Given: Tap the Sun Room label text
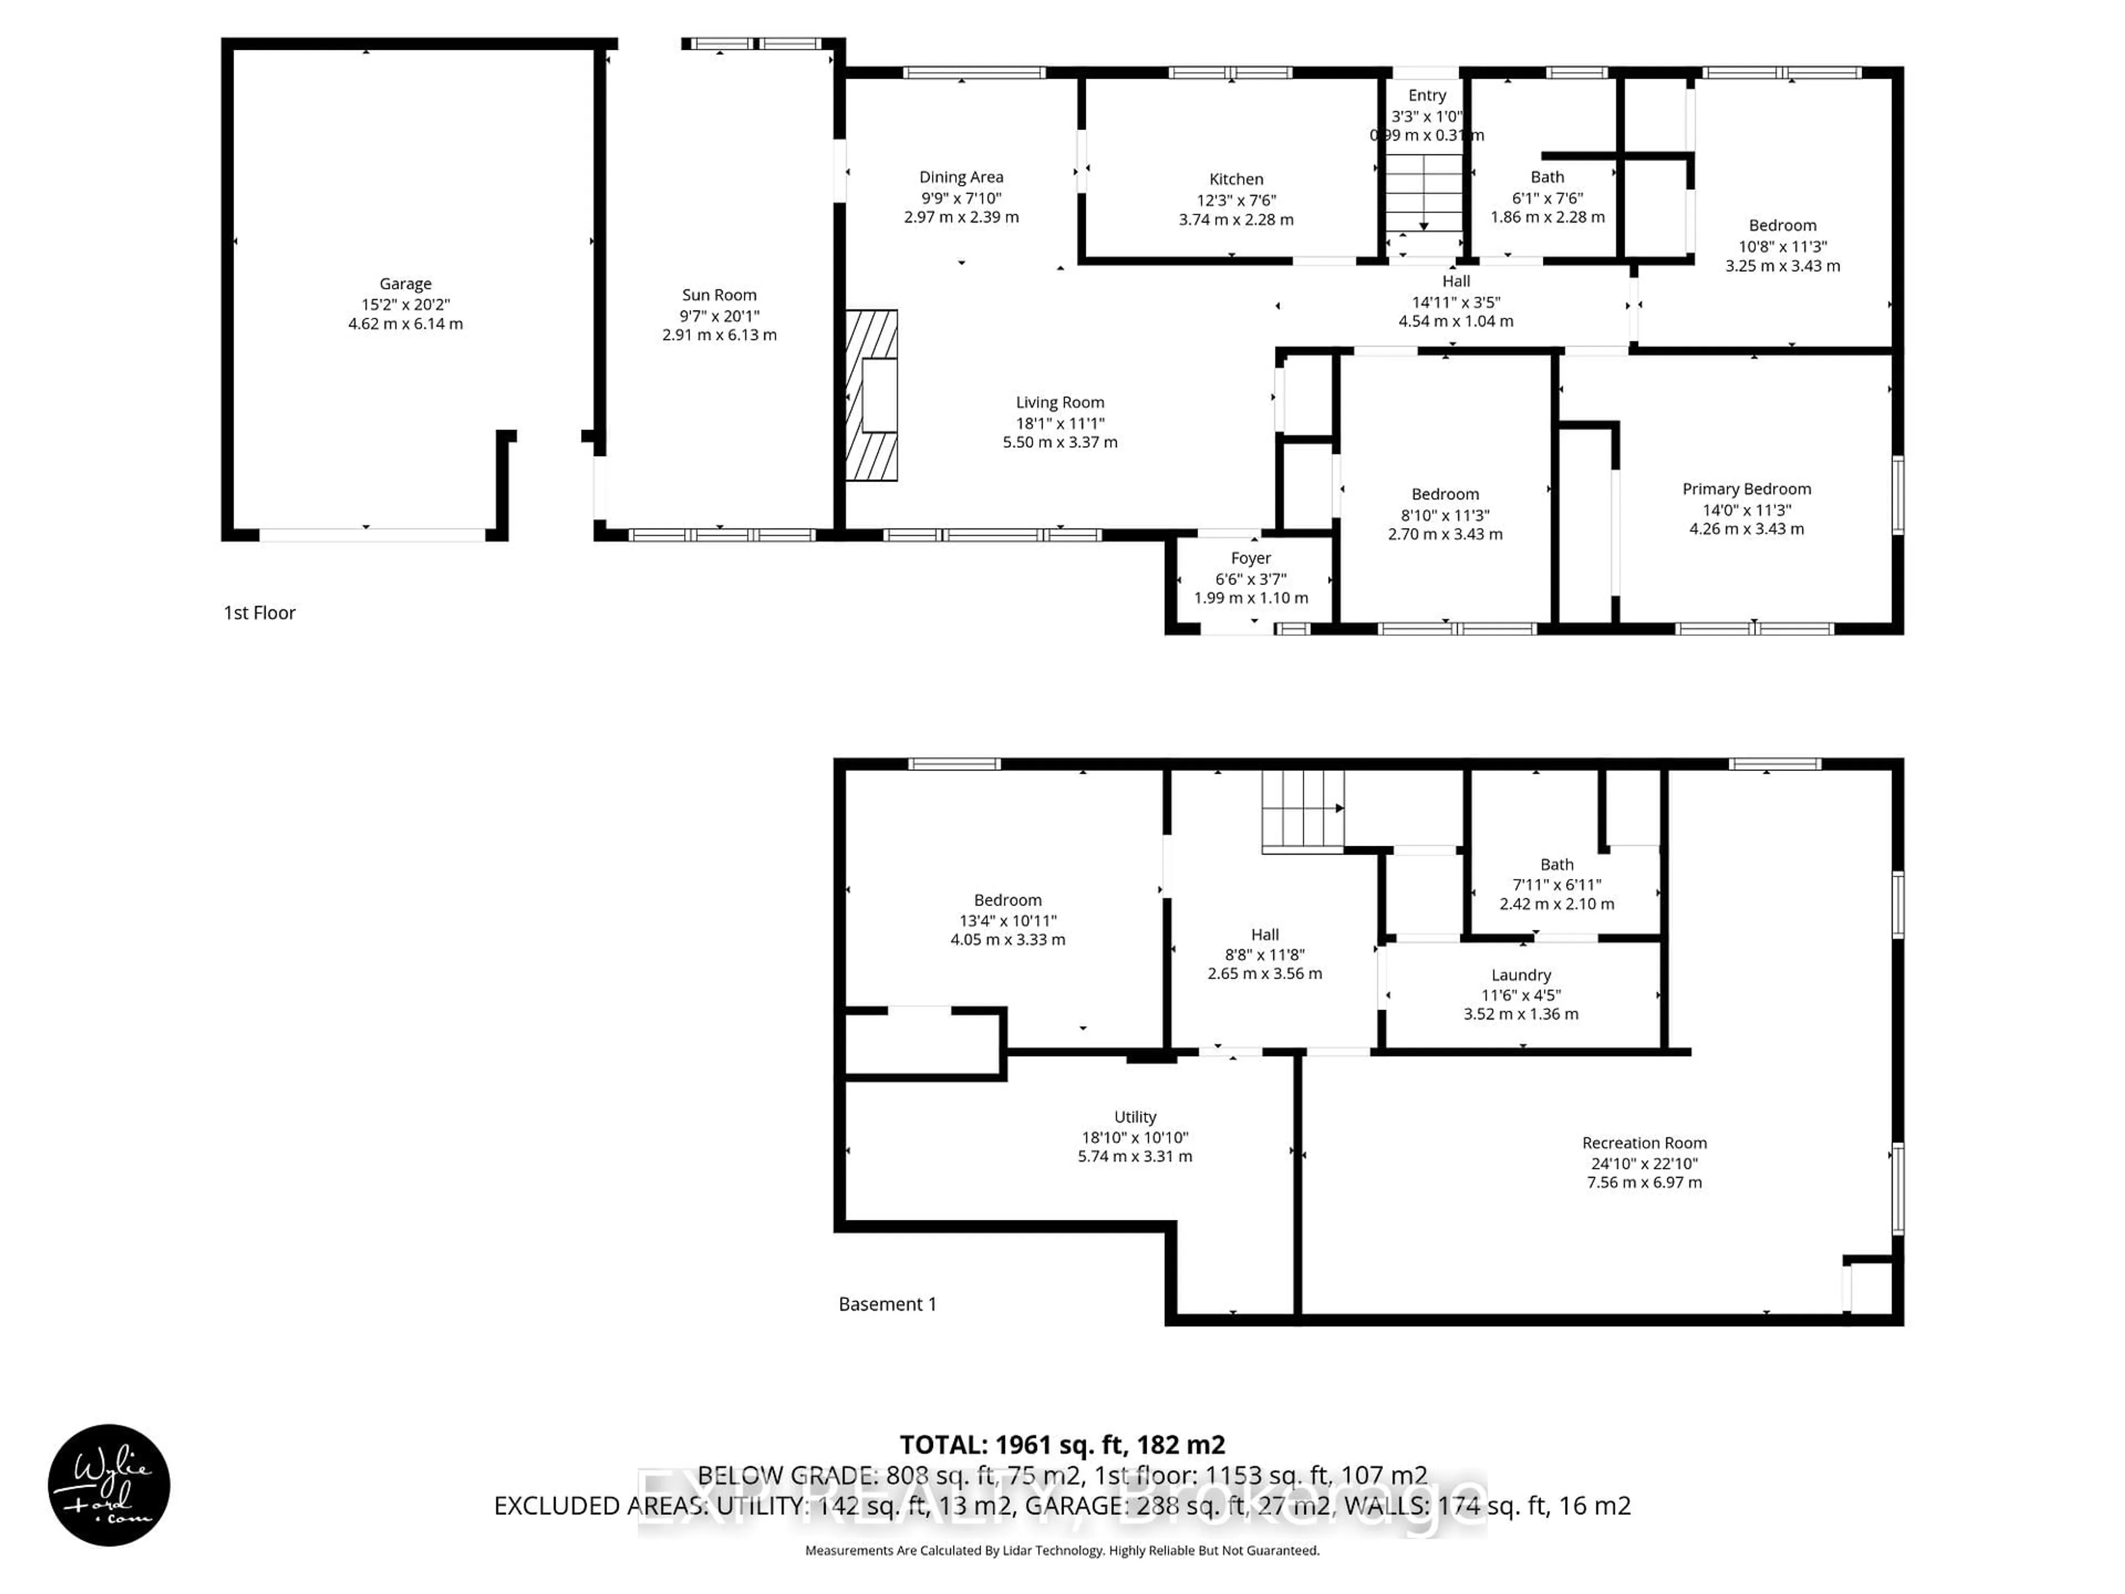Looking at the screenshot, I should click(x=719, y=295).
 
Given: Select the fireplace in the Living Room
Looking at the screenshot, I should click(x=872, y=395).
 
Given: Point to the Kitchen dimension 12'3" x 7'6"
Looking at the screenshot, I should click(x=1235, y=200).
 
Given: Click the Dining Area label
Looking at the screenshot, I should click(x=961, y=177).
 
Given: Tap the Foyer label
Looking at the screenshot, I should click(x=1250, y=558).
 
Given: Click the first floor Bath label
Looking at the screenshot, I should click(x=1547, y=177).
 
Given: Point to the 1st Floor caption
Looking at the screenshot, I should click(x=260, y=613).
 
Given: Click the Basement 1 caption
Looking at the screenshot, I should click(x=887, y=1304).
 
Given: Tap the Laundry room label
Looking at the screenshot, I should click(x=1521, y=975).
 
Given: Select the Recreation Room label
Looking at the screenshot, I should click(x=1644, y=1142).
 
